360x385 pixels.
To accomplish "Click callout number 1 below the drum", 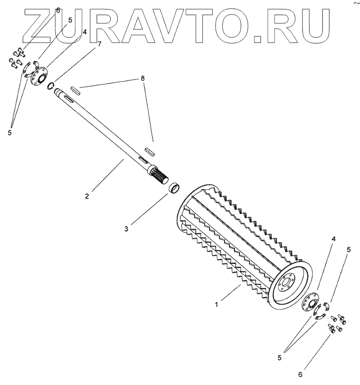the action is pos(216,305).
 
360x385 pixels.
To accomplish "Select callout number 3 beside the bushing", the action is pos(126,229).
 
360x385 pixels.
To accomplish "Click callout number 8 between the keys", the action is pos(143,78).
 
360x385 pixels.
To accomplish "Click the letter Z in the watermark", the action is pos(39,25).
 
